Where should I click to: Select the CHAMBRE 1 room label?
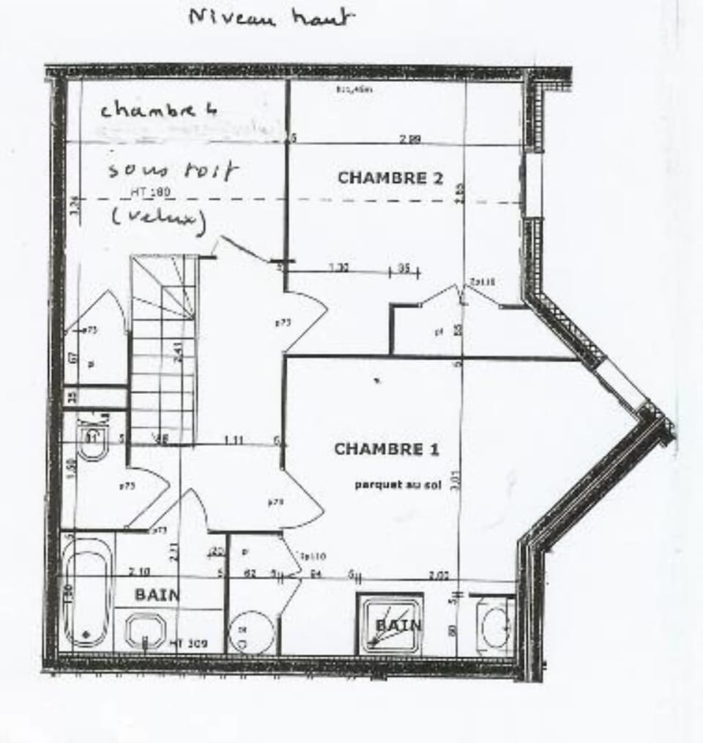click(386, 449)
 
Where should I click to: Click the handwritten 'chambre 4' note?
click(159, 110)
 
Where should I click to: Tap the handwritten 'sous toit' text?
click(173, 171)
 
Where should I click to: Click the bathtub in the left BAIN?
click(86, 594)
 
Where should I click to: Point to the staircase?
click(164, 348)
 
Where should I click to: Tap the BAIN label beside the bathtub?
click(157, 594)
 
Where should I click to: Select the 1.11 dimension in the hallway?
click(234, 440)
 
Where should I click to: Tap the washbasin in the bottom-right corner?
click(495, 626)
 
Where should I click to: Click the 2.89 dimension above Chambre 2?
click(409, 138)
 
